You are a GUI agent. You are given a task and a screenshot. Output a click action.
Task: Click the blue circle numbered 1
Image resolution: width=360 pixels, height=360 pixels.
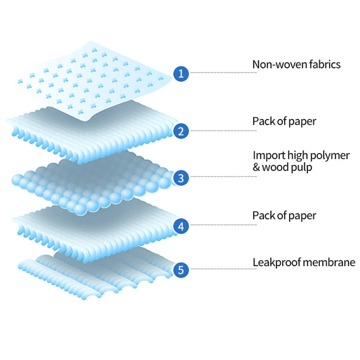click(181, 73)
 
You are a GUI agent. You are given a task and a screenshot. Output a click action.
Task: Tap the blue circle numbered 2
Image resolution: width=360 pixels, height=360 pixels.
click(181, 131)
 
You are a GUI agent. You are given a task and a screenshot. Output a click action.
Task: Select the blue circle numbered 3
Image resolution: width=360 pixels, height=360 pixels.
click(181, 178)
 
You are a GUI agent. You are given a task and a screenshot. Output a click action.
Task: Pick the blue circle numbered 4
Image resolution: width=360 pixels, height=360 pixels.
click(181, 226)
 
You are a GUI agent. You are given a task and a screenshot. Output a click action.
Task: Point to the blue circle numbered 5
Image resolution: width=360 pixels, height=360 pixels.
click(181, 270)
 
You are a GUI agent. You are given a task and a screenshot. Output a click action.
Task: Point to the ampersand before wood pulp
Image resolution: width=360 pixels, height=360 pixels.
click(256, 167)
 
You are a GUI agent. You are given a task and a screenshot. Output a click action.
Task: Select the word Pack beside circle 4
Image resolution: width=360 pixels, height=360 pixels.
click(263, 215)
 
